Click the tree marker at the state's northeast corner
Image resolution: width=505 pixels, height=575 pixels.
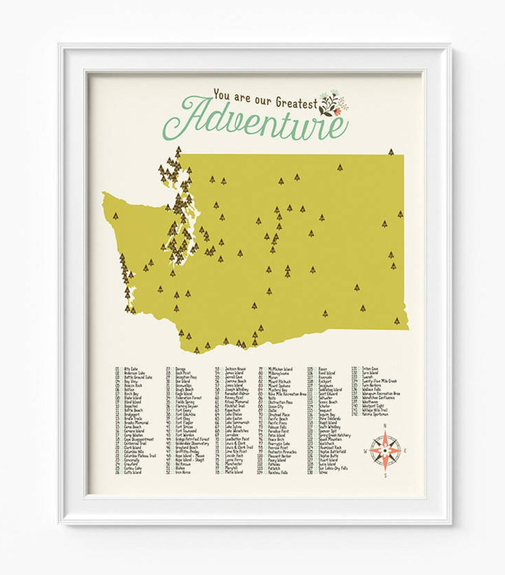391,152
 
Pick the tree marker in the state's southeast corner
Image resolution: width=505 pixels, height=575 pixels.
396,320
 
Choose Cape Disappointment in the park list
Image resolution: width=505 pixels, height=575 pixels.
139,439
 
